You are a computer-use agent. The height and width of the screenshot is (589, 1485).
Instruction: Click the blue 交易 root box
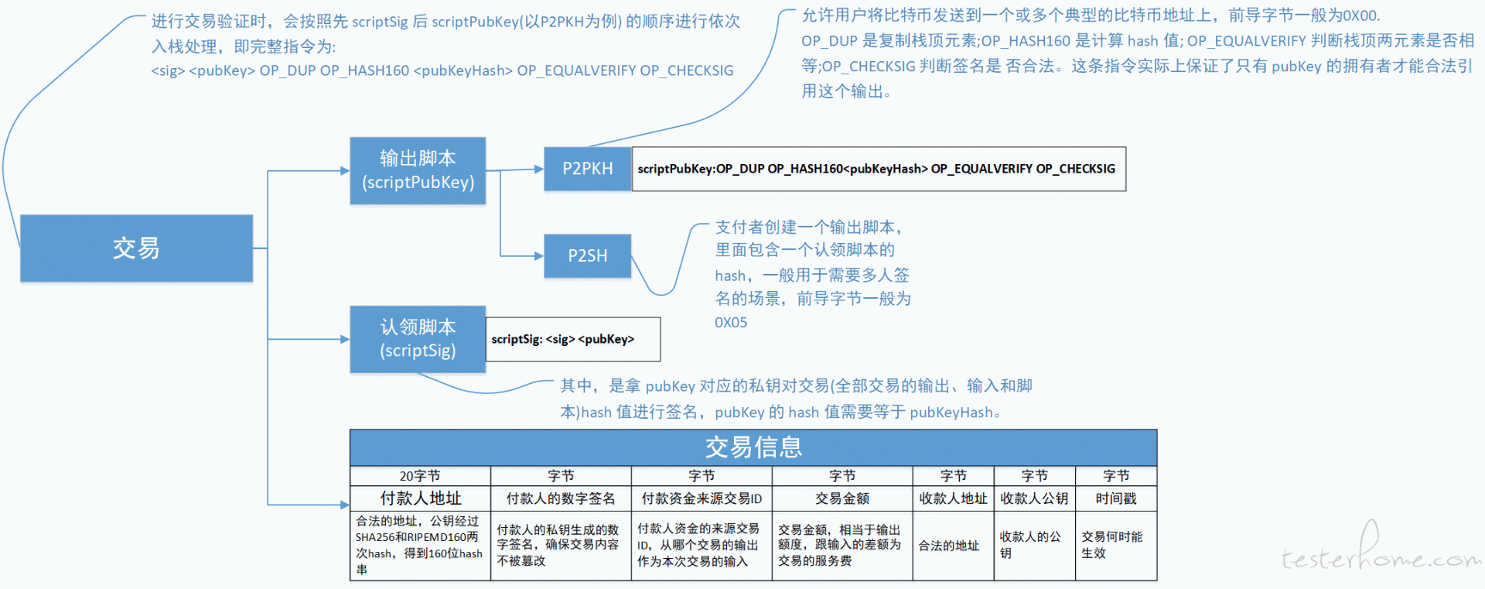pyautogui.click(x=136, y=248)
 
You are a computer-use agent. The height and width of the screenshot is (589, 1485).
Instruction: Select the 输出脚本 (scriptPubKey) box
pyautogui.click(x=418, y=170)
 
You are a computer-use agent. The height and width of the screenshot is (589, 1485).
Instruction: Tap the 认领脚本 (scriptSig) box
pyautogui.click(x=418, y=339)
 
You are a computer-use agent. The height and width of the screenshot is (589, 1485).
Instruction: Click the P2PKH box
pyautogui.click(x=588, y=169)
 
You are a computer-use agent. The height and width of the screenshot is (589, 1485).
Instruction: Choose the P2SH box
pyautogui.click(x=588, y=256)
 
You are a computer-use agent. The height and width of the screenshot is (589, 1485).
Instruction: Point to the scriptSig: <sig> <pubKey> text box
pyautogui.click(x=573, y=339)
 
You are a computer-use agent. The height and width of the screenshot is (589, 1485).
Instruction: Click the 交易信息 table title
pyautogui.click(x=753, y=447)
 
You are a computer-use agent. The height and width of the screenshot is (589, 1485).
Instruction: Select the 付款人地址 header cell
pyautogui.click(x=420, y=498)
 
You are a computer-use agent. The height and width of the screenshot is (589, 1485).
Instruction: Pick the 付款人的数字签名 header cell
pyautogui.click(x=561, y=498)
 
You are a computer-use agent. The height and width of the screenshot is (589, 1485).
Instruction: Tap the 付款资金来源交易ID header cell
pyautogui.click(x=702, y=498)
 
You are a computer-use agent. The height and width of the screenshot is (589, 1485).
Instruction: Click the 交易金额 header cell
pyautogui.click(x=842, y=498)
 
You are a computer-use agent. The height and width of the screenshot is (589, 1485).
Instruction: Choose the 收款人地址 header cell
pyautogui.click(x=953, y=498)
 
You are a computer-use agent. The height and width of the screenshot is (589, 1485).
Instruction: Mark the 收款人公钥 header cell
pyautogui.click(x=1034, y=498)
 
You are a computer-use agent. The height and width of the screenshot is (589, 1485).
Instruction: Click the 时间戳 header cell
pyautogui.click(x=1116, y=498)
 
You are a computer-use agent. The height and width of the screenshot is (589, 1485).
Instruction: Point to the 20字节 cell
pyautogui.click(x=420, y=476)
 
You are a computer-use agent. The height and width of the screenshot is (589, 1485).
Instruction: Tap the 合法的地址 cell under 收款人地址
pyautogui.click(x=949, y=546)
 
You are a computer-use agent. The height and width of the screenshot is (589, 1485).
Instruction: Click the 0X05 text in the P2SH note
pyautogui.click(x=731, y=323)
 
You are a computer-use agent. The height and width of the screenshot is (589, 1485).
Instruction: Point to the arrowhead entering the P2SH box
pyautogui.click(x=539, y=255)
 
